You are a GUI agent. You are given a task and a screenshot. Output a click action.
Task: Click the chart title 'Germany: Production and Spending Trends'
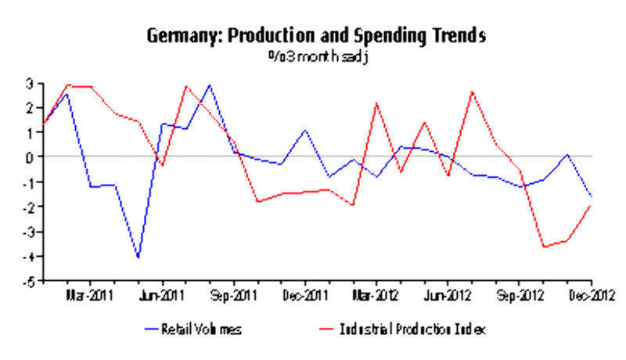click(x=316, y=36)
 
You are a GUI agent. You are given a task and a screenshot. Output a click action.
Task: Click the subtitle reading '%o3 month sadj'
click(x=316, y=56)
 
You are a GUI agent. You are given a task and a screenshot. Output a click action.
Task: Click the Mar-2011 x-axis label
click(x=91, y=296)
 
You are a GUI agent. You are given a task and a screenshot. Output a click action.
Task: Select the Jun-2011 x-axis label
click(x=163, y=296)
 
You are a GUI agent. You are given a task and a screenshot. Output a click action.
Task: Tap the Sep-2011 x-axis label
click(x=235, y=296)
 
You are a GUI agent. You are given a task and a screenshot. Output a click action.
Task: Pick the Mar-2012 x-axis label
click(x=377, y=296)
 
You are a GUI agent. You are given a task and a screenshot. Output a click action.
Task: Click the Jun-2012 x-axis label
click(x=448, y=296)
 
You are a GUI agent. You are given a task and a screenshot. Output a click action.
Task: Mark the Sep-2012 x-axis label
click(x=520, y=296)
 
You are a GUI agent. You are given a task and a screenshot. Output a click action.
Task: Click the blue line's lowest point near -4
click(x=139, y=257)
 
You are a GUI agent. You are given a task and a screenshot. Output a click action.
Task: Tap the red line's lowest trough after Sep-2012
click(x=544, y=247)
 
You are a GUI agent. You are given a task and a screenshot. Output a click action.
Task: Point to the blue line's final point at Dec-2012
click(x=591, y=196)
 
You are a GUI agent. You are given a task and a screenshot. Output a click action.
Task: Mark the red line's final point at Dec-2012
click(x=591, y=206)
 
